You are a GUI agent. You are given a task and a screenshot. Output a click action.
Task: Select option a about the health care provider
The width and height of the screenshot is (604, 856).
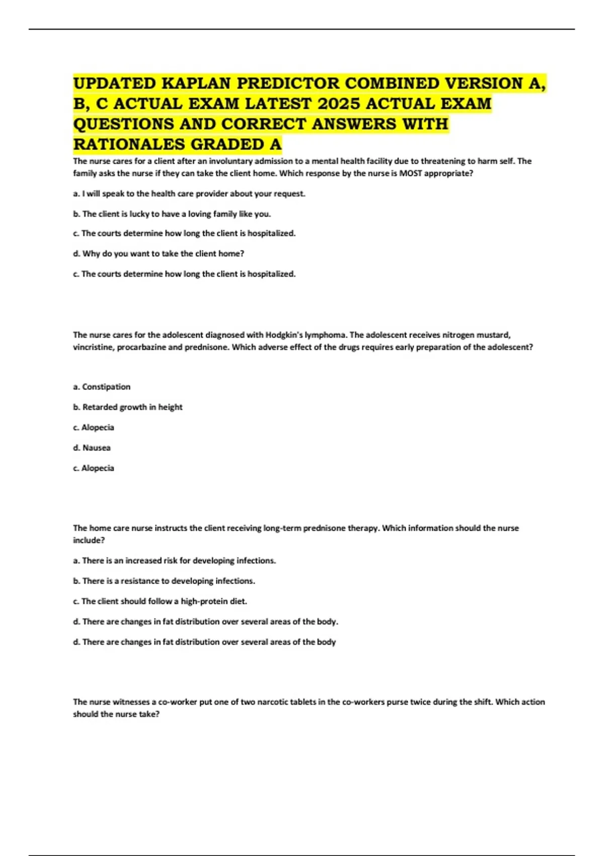click(x=189, y=193)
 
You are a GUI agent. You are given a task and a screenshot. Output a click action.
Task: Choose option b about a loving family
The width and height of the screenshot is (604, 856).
click(x=172, y=214)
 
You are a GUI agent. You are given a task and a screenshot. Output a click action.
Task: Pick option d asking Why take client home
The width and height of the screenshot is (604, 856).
click(x=159, y=254)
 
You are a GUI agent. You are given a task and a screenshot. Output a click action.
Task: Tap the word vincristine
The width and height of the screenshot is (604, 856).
click(x=93, y=347)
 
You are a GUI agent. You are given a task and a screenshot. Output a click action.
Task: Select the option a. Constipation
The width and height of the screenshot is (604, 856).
click(x=102, y=387)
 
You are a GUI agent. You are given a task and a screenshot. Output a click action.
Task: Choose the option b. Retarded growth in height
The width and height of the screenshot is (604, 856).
click(x=128, y=407)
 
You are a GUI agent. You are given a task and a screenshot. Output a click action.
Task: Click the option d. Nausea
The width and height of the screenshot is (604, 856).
click(x=92, y=448)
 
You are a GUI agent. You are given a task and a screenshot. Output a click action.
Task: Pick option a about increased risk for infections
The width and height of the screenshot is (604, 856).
click(x=175, y=560)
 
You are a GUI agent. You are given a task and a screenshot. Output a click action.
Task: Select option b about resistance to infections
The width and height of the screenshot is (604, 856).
click(x=164, y=581)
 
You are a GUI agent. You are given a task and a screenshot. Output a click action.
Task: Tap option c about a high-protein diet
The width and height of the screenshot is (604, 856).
click(x=160, y=601)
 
